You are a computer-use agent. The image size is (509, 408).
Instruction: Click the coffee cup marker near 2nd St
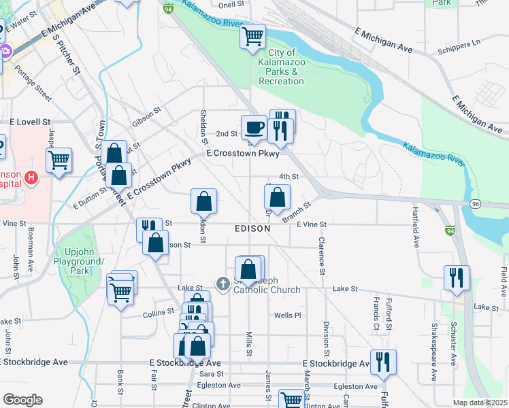(255, 127)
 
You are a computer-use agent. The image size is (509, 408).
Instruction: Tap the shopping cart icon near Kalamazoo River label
(253, 35)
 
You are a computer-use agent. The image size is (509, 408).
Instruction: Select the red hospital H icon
(30, 178)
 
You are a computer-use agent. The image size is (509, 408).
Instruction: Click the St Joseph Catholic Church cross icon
(223, 283)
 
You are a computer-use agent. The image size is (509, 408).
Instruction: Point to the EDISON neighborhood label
(252, 229)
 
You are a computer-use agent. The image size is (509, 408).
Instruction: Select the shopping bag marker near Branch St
(277, 199)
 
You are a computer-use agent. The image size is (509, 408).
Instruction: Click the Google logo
(22, 400)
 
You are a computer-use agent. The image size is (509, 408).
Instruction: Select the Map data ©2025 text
(480, 403)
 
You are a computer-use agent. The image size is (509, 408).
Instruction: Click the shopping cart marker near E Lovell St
(59, 161)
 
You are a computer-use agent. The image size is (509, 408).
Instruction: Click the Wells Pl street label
(287, 315)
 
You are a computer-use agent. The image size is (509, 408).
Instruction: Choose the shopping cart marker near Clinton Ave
(292, 400)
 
